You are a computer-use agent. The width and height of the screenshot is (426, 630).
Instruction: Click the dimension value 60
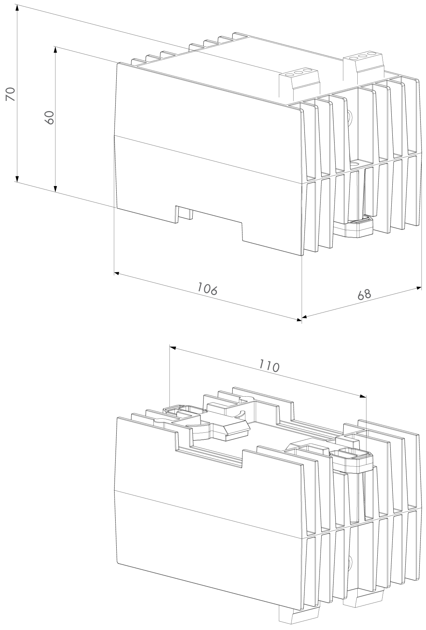[x=50, y=117]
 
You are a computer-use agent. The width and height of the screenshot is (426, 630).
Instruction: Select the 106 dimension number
[x=207, y=289]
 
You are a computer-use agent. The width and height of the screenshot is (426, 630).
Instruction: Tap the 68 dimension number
[x=364, y=294]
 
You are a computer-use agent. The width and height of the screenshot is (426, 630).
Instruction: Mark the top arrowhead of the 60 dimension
[x=55, y=49]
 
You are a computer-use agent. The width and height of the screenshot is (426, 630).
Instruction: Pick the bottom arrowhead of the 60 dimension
[x=55, y=189]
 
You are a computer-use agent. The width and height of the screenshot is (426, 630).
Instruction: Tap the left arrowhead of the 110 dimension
[x=173, y=348]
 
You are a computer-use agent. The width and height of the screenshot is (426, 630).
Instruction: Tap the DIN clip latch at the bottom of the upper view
[x=354, y=228]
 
